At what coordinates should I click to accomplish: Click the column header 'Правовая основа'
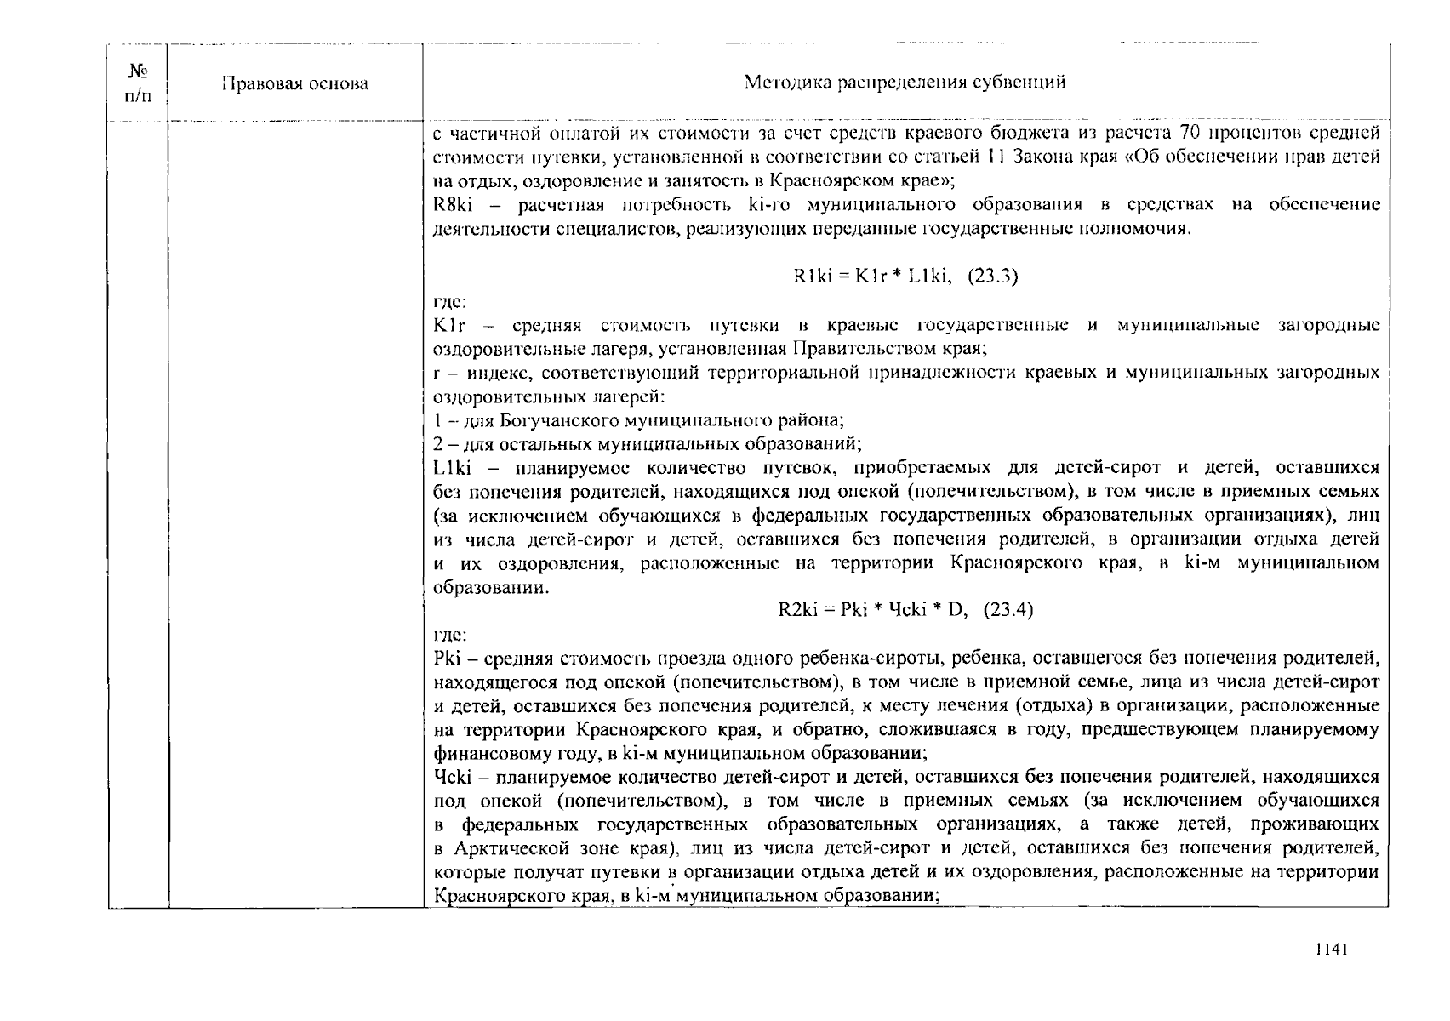coord(294,83)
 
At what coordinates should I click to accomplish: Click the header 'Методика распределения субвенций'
coord(905,83)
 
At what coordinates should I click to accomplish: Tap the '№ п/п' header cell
coord(138,83)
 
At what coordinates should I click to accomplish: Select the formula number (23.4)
coord(1008,609)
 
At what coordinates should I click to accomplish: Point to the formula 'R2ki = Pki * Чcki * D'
coord(873,609)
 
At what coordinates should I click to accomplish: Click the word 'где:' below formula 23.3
coord(449,301)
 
